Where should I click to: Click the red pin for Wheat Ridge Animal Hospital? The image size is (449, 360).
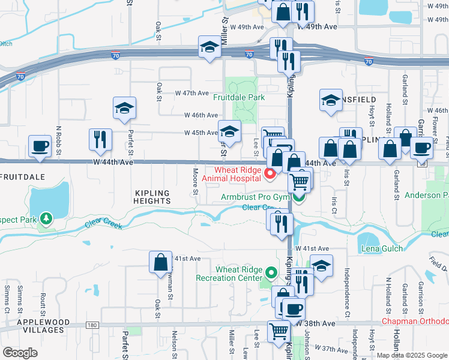coord(270,175)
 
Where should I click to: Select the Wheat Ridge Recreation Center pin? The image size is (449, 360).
coord(271,273)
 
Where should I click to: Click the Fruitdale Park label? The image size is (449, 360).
coord(239,97)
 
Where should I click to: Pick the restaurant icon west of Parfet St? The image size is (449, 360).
coord(100,139)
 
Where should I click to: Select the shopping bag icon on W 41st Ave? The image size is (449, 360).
coord(161,263)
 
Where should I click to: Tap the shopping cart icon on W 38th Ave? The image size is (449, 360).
coord(279,331)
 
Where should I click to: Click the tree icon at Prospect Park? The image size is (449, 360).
coord(46,218)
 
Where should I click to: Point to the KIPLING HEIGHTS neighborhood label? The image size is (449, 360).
coord(152,197)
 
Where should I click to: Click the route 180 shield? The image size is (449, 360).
coord(91,325)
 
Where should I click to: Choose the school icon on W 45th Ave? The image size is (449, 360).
coord(229,130)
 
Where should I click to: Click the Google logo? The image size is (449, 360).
coord(20,353)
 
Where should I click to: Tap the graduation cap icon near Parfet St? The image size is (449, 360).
coord(124,108)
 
